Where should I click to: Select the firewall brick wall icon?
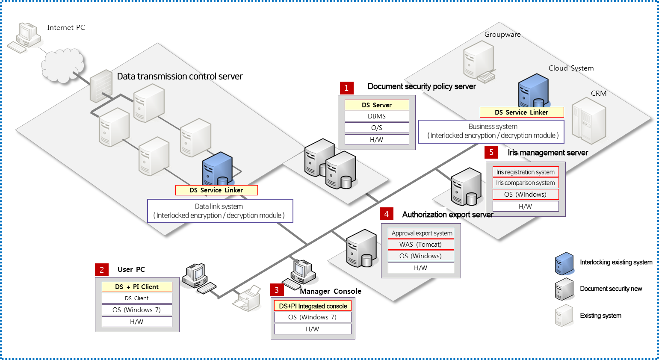101,86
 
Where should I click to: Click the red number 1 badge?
346,88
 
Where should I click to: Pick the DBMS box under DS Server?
377,116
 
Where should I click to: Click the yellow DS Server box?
377,105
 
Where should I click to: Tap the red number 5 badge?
491,152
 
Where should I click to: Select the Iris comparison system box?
526,183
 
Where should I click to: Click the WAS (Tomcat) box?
421,245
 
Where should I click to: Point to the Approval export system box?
421,233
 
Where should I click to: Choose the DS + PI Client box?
137,287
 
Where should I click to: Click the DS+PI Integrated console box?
313,306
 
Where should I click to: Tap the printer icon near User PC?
247,298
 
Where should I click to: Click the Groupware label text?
502,34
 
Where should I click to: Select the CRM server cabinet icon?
589,121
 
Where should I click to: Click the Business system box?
491,131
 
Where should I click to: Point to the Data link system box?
220,211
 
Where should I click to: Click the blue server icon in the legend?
564,263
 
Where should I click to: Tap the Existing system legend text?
601,316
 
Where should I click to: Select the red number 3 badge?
277,290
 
